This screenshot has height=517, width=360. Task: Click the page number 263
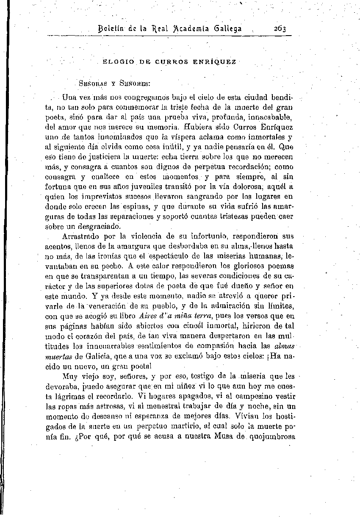280,29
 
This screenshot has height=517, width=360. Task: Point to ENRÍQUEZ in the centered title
217,62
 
